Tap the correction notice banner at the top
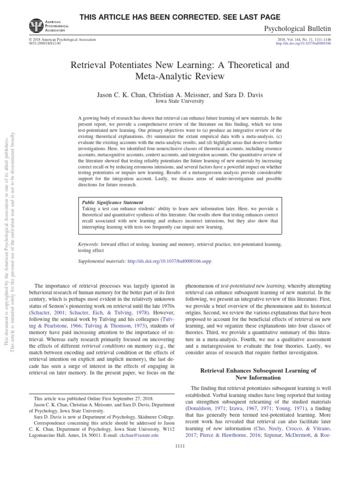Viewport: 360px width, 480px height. [x=180, y=17]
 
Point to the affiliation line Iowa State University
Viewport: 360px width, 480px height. [x=180, y=101]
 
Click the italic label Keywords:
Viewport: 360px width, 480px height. [x=88, y=244]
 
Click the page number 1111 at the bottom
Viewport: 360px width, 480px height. [x=180, y=446]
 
